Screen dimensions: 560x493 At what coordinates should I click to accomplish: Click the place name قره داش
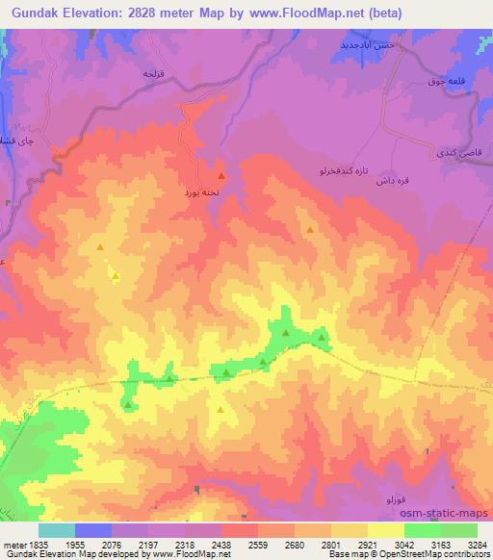396,177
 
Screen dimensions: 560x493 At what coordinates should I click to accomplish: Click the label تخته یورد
203,192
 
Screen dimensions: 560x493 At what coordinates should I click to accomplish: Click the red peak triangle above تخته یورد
221,176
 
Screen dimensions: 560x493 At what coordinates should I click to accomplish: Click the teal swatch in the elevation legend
57,530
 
